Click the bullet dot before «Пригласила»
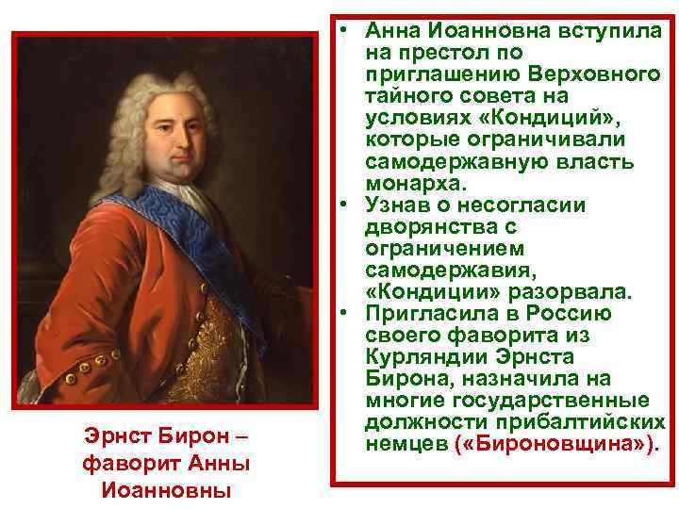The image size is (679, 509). [346, 312]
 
